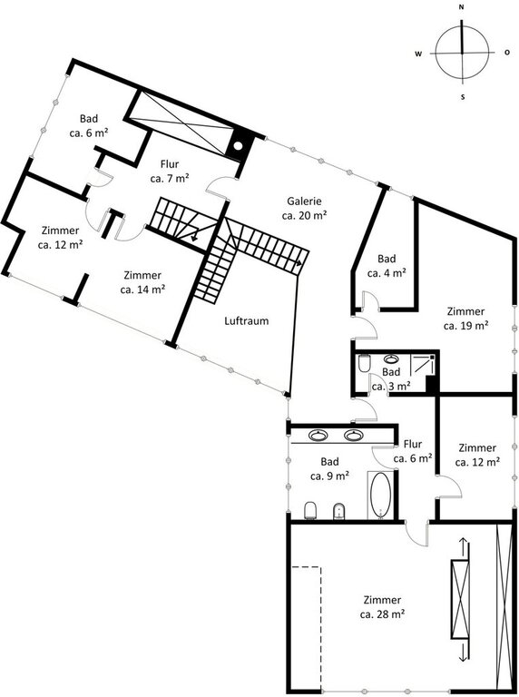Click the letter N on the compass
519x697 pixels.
462,7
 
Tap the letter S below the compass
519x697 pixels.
463,97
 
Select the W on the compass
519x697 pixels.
418,54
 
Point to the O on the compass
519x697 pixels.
507,53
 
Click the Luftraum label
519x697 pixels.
247,321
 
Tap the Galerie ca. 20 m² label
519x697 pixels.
304,208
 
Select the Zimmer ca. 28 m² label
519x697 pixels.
382,607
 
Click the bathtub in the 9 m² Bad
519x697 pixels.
380,496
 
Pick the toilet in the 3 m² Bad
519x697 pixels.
364,362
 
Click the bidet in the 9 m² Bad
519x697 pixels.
339,511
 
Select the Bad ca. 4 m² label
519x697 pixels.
387,265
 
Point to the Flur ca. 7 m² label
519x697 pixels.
170,172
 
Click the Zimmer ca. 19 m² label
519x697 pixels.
465,319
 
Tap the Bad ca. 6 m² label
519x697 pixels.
89,126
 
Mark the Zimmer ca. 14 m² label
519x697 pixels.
142,282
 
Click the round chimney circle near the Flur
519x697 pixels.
238,145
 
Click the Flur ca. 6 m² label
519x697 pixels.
413,451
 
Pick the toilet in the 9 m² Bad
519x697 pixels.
310,510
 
